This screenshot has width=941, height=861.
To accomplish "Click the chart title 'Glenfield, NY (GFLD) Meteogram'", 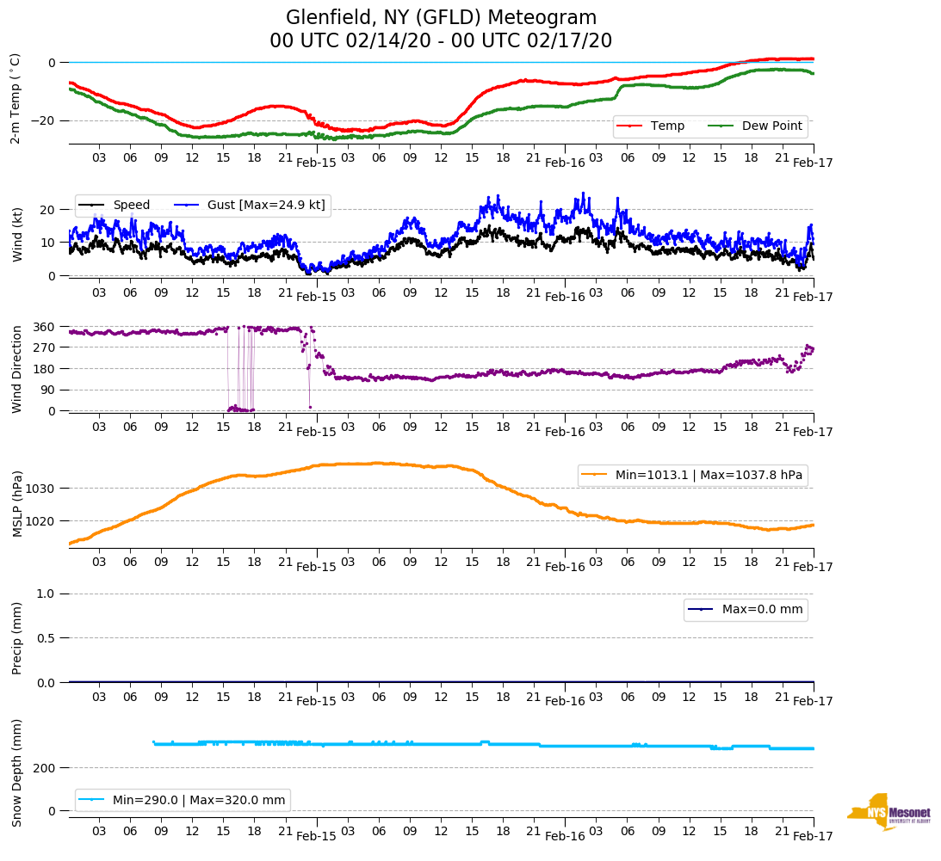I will (441, 18).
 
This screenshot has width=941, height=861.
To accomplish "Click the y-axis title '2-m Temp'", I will (15, 98).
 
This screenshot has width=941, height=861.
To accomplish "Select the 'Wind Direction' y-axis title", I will (16, 368).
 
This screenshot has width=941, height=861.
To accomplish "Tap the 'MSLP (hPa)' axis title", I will (16, 504).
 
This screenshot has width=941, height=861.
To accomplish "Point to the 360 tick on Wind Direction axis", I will (45, 327).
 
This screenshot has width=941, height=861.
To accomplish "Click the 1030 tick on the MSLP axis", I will (41, 489).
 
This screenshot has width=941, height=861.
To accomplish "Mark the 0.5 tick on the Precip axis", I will (46, 638).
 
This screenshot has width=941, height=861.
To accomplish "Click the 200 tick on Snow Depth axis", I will (45, 767).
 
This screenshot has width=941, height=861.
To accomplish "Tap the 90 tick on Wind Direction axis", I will (48, 390).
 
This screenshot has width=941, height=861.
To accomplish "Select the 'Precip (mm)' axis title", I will (16, 638).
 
